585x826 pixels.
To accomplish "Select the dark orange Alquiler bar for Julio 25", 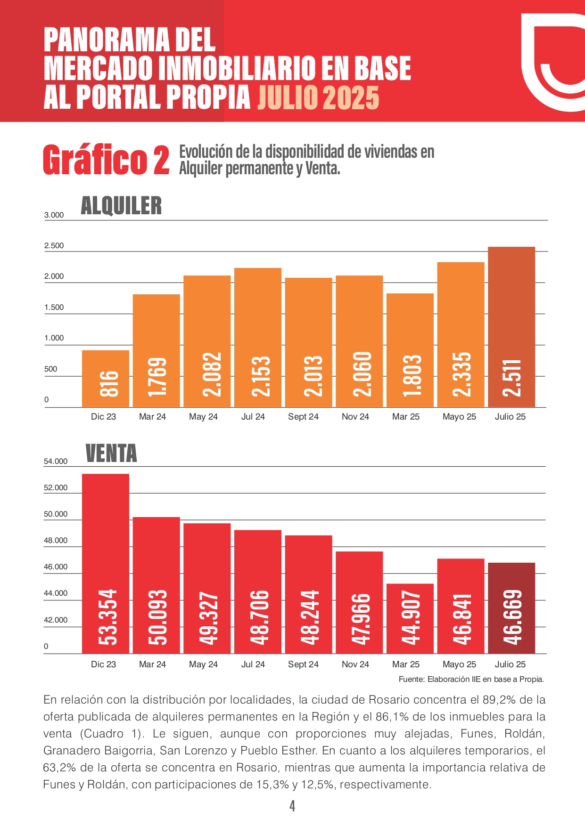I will (511, 327).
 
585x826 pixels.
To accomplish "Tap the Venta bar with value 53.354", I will (106, 563).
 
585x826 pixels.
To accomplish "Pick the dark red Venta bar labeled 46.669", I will (511, 607).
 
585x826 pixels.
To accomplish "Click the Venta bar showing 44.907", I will (410, 618).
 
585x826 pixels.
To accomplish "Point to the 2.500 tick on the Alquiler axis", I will (54, 246).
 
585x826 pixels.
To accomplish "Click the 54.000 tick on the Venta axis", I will (56, 462).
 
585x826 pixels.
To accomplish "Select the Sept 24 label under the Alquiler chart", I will (303, 417).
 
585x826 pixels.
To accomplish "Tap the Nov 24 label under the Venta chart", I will (355, 664).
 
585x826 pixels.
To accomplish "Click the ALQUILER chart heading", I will (121, 206).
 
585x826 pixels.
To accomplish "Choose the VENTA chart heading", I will (111, 453).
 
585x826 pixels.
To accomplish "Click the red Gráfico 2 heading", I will (106, 160).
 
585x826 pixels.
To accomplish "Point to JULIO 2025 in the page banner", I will (318, 97).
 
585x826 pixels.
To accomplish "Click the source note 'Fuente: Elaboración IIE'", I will (471, 679).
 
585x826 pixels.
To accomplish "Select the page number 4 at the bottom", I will (292, 806).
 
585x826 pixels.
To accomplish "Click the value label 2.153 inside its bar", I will (258, 376).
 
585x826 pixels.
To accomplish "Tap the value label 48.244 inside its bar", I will (309, 617).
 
